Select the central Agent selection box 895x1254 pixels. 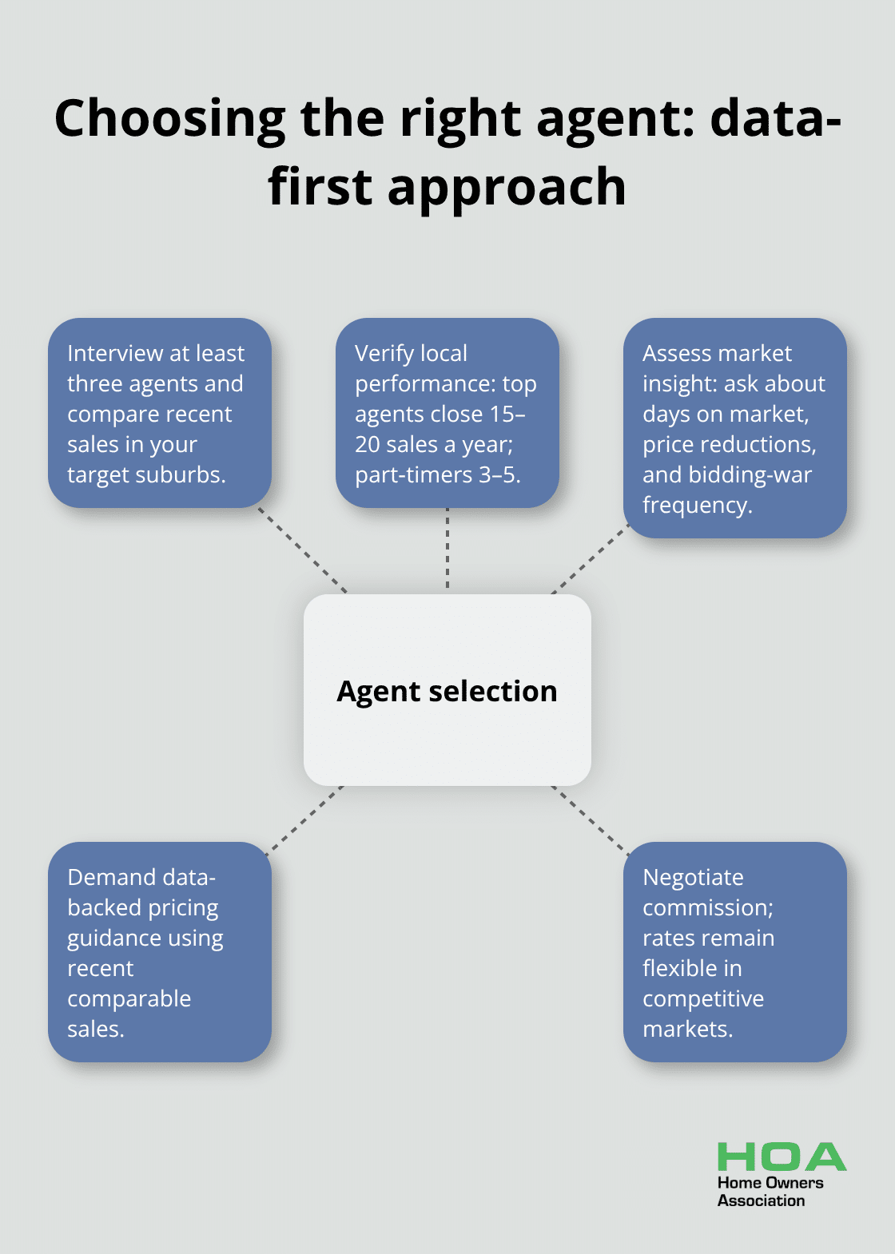(x=447, y=690)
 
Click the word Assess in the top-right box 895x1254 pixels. (x=676, y=353)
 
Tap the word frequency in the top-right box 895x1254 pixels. (x=697, y=505)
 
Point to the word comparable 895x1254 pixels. (x=129, y=998)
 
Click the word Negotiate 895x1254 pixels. (x=693, y=877)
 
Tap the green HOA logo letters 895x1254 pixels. (x=781, y=1157)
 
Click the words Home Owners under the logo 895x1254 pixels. (x=770, y=1183)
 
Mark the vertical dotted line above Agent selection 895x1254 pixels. (x=447, y=551)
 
